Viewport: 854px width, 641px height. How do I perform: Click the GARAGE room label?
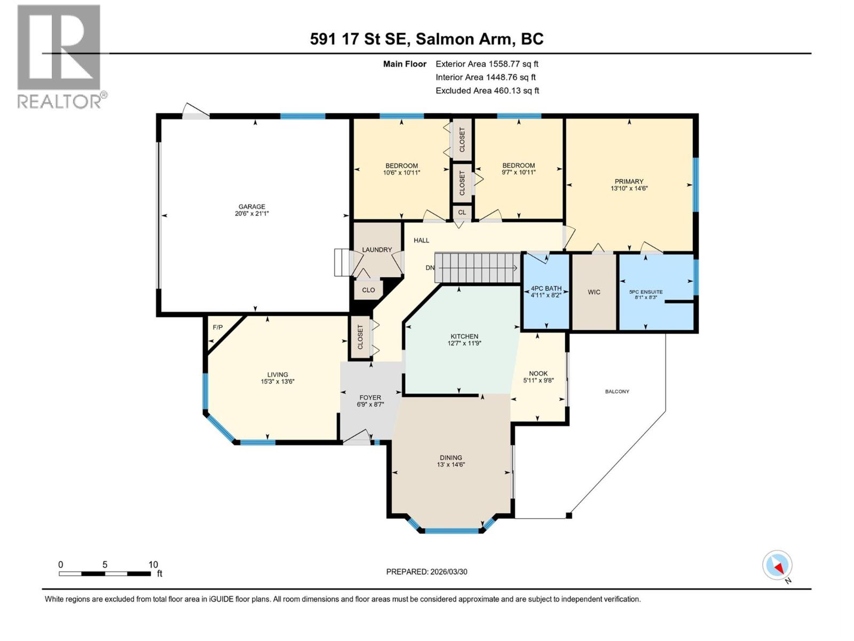pos(251,207)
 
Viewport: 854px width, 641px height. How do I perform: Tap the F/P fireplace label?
pos(218,327)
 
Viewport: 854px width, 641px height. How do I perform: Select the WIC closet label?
pos(594,292)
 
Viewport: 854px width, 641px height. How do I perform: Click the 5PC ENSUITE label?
pos(646,292)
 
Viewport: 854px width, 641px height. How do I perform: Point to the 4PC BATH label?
pos(546,288)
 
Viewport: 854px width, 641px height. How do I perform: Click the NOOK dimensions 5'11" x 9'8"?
pos(539,381)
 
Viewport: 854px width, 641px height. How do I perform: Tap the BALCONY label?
pos(617,392)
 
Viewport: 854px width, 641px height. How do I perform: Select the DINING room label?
pos(451,458)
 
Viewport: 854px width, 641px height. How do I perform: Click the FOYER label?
pos(370,397)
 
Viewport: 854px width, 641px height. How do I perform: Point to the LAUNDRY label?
pos(377,249)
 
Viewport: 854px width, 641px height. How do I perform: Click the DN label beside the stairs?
pos(430,268)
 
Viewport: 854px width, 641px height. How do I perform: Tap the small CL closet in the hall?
pos(462,212)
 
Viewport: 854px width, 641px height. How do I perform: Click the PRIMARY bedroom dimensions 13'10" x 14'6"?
pos(629,189)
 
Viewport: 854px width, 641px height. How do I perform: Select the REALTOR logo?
pos(60,56)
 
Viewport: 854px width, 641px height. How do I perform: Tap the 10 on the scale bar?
pos(153,565)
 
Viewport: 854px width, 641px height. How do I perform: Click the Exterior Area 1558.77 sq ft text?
pos(487,64)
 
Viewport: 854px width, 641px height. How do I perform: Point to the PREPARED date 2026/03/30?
pos(426,572)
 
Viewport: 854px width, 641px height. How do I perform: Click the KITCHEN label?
pos(464,337)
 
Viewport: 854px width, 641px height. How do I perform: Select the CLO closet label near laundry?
pos(368,290)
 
